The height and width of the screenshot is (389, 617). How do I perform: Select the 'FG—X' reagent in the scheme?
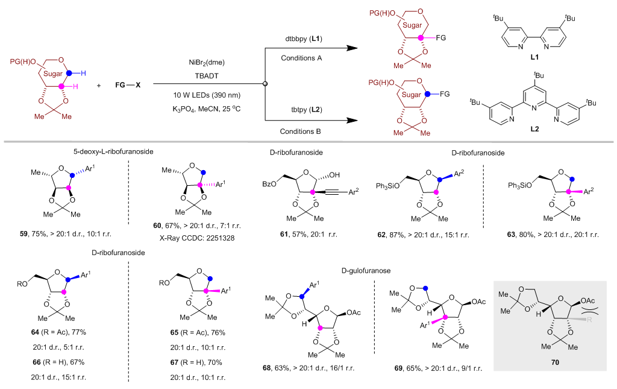point(128,85)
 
